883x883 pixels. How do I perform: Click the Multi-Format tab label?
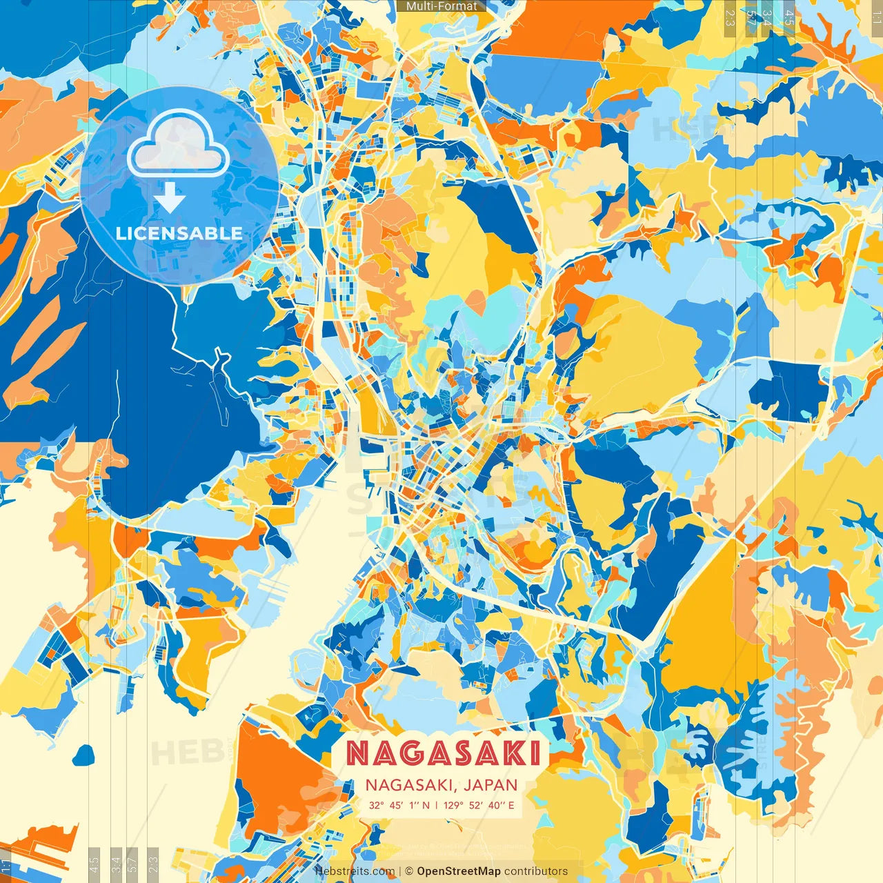pyautogui.click(x=441, y=6)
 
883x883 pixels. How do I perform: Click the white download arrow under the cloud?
pyautogui.click(x=170, y=200)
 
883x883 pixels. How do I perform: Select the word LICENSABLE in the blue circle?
pyautogui.click(x=179, y=233)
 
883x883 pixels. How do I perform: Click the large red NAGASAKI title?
pyautogui.click(x=443, y=753)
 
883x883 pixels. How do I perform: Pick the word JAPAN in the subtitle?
pyautogui.click(x=490, y=785)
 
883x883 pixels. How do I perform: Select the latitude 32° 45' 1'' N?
pyautogui.click(x=399, y=805)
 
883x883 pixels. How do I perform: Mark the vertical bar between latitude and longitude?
pyautogui.click(x=436, y=805)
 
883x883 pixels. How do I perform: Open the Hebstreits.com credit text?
pyautogui.click(x=355, y=871)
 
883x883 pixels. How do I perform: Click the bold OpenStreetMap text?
pyautogui.click(x=459, y=871)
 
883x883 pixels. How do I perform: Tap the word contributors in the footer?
pyautogui.click(x=536, y=871)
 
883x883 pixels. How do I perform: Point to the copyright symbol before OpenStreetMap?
pyautogui.click(x=409, y=871)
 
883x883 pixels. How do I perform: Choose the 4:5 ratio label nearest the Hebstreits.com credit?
pyautogui.click(x=94, y=864)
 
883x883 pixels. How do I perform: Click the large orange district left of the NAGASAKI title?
pyautogui.click(x=283, y=780)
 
